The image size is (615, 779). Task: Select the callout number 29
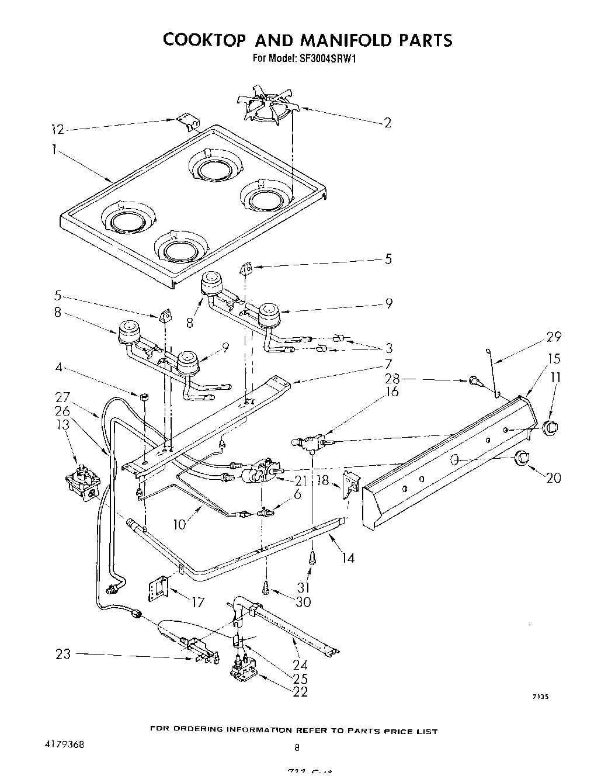(554, 337)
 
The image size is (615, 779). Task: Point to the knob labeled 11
(550, 427)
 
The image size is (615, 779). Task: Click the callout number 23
(63, 654)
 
